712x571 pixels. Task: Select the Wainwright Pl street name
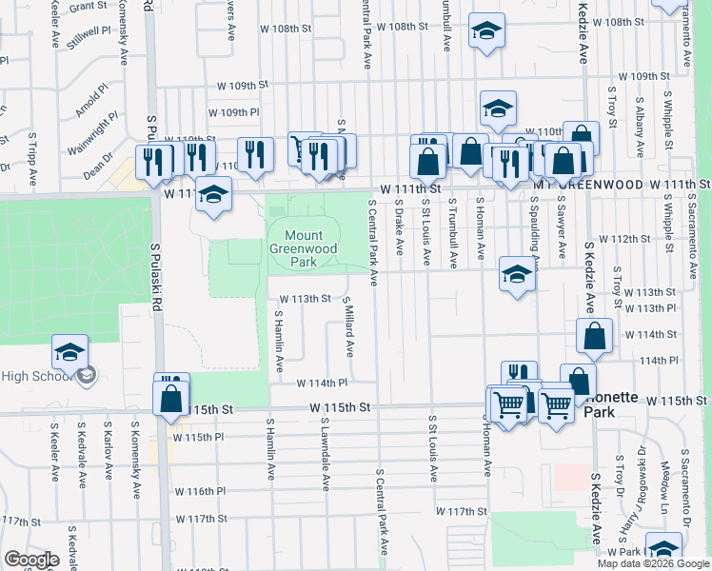pos(93,134)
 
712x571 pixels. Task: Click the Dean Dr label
pos(98,167)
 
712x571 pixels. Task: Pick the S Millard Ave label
pos(349,325)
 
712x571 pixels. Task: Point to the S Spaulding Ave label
pos(535,234)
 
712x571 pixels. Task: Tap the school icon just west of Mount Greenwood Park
pos(214,194)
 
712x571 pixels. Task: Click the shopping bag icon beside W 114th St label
pos(594,335)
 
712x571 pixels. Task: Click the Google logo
pos(31,560)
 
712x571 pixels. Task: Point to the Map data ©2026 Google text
pos(652,563)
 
